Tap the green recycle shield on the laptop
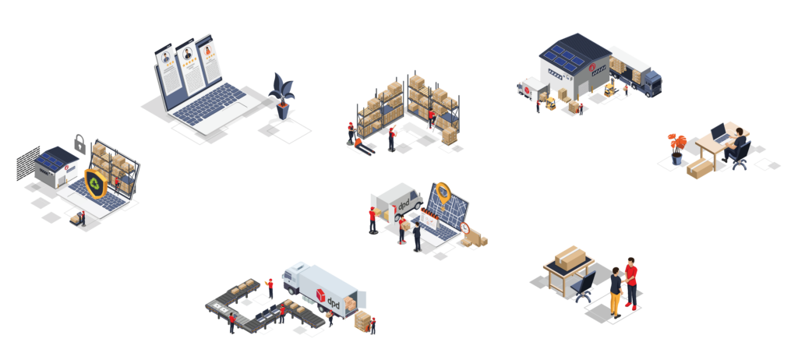95,183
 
